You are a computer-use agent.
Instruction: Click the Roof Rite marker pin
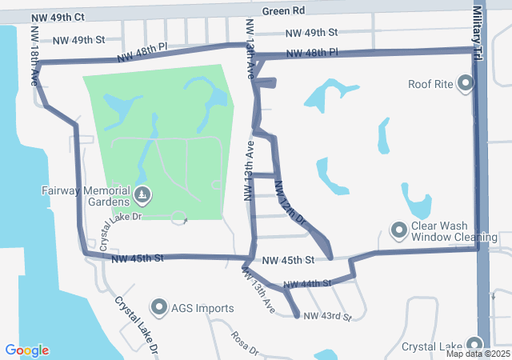(x=466, y=84)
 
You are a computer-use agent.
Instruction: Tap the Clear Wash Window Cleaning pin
(x=399, y=231)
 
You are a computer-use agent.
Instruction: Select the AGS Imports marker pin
(x=158, y=308)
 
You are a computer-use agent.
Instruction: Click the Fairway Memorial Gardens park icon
(x=142, y=194)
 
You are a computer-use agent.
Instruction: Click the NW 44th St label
(x=306, y=284)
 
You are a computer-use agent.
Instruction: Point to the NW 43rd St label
(x=327, y=318)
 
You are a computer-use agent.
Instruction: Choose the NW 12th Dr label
(x=290, y=202)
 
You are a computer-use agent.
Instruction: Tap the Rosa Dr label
(x=245, y=343)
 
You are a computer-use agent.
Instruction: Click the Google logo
(x=26, y=350)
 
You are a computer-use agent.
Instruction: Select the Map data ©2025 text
(x=478, y=354)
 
